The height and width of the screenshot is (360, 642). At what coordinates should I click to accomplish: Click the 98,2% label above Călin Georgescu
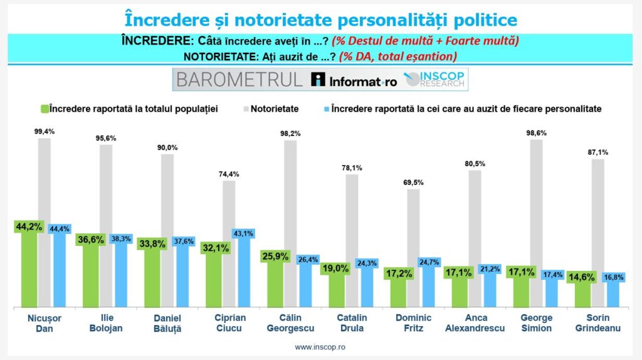point(290,133)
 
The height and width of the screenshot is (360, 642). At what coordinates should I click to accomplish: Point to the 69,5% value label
point(413,182)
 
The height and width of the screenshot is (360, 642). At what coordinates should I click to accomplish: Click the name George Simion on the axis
point(536,322)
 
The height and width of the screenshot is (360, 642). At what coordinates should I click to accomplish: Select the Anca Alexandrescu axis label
point(475,322)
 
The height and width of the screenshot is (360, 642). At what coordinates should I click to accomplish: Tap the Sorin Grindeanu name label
point(597,322)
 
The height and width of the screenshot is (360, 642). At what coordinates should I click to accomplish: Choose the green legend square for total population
point(44,109)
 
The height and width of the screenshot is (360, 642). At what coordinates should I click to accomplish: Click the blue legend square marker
point(325,109)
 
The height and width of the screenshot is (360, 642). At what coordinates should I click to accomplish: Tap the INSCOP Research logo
point(436,80)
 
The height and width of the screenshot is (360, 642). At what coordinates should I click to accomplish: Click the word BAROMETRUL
point(239,80)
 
